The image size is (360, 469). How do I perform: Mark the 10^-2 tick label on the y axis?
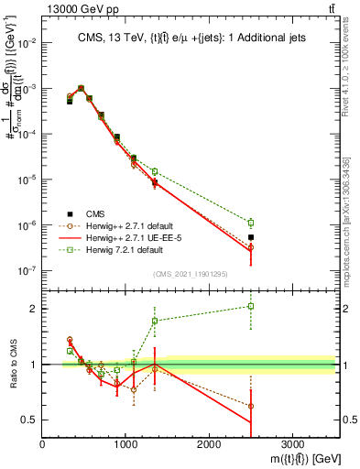point(27,43)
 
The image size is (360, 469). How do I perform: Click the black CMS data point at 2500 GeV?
point(251,237)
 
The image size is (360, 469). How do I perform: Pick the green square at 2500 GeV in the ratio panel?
point(251,306)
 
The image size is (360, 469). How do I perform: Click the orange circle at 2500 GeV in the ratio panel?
point(251,406)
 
